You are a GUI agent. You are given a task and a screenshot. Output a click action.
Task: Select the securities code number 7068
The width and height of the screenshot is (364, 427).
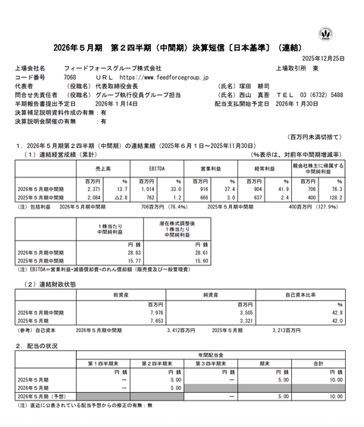click(69, 77)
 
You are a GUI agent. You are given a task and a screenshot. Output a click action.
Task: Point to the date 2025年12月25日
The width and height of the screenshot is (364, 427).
click(334, 58)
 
